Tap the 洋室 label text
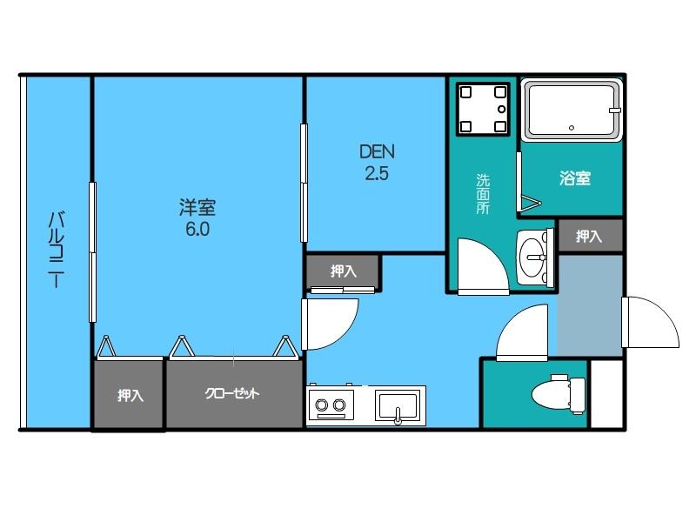coord(197,207)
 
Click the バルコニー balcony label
coord(56,250)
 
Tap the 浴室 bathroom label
coord(574,179)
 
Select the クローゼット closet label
coord(232,393)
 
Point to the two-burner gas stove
coord(331,405)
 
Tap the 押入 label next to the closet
coord(130,396)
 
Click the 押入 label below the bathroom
coord(590,236)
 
